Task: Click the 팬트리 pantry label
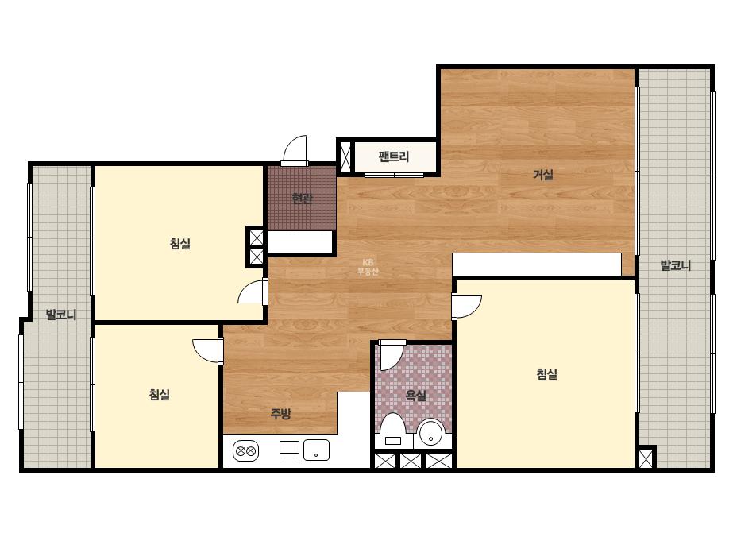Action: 394,156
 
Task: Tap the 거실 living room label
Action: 543,175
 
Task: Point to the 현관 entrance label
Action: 302,199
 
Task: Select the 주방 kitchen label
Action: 280,414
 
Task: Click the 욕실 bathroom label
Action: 415,396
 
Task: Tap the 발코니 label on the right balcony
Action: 676,265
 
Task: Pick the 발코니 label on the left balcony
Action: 61,315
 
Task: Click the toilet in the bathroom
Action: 392,431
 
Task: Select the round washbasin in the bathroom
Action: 431,433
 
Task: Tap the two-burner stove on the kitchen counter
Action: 246,451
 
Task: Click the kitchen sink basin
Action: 317,450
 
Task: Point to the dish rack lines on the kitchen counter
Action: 289,450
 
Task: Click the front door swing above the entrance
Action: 295,150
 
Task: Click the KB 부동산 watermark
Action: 368,267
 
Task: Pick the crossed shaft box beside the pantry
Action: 345,156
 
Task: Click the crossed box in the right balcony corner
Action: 646,458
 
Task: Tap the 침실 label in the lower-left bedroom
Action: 160,394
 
